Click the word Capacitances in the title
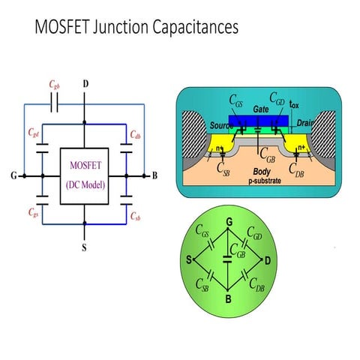coord(193,27)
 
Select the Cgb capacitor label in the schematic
coord(53,85)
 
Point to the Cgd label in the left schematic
coord(33,133)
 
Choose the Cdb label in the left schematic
coord(136,135)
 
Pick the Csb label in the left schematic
coord(135,216)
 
